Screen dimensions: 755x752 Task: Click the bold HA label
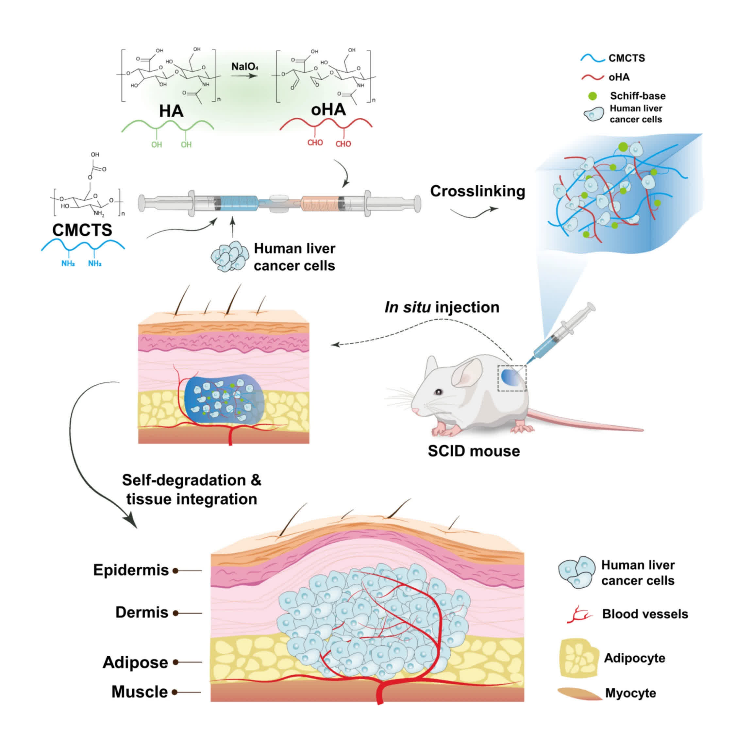(171, 111)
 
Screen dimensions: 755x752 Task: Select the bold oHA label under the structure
(328, 110)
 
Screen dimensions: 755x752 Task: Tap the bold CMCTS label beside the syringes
(82, 230)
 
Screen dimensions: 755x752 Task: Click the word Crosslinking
(477, 192)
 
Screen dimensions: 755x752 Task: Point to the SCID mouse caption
(474, 451)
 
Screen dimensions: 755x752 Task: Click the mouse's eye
(439, 392)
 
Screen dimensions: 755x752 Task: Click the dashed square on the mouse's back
(511, 378)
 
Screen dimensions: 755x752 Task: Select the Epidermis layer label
(131, 570)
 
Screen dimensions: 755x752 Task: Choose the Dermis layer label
(142, 612)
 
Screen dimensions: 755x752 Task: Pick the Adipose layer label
(135, 663)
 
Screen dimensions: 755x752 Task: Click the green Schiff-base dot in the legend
(593, 96)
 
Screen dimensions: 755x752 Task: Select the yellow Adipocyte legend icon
(578, 658)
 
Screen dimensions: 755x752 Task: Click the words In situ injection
(442, 307)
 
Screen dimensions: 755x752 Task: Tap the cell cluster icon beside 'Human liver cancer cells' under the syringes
(230, 257)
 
